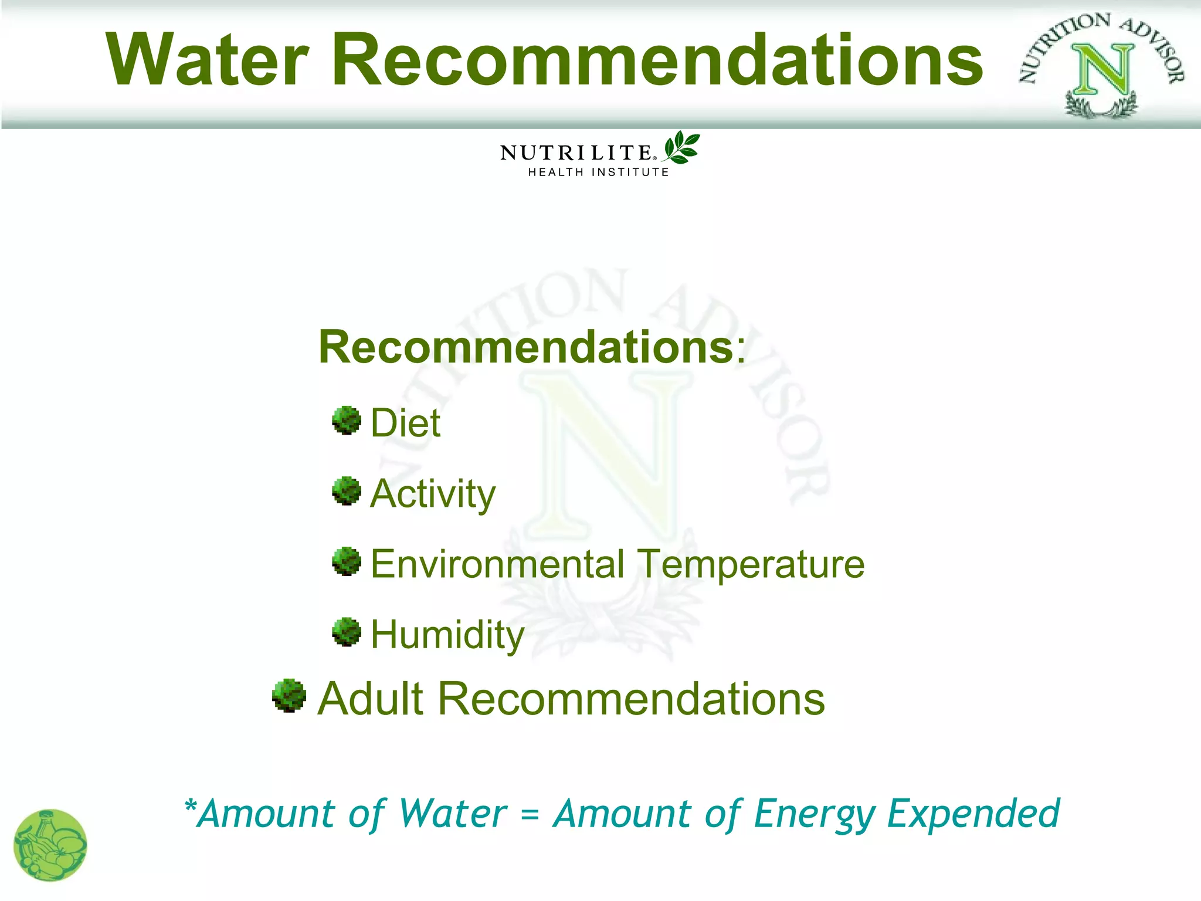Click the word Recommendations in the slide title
657,60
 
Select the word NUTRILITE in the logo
576,153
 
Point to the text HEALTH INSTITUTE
598,172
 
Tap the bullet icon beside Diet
347,421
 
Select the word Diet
405,423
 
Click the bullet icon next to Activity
347,491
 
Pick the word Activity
433,494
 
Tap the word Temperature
751,564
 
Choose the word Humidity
447,635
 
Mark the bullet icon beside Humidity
347,632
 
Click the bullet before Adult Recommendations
289,696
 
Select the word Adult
371,699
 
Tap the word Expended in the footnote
973,814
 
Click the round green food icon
50,845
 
